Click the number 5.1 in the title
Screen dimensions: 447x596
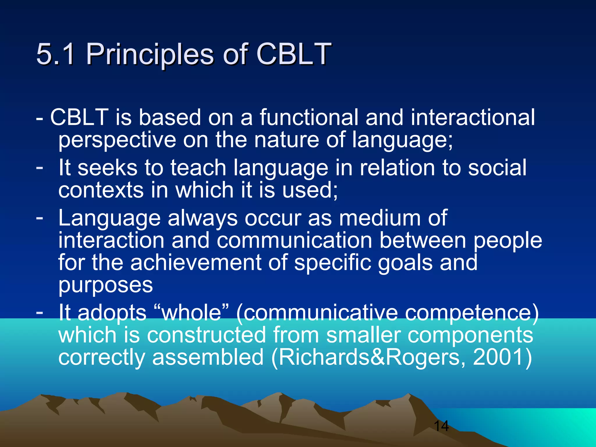[55, 54]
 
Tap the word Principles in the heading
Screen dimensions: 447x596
[150, 54]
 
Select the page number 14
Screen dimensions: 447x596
[441, 426]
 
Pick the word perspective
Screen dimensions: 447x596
[117, 140]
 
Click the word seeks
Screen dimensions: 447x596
[107, 168]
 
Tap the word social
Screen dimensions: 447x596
[497, 168]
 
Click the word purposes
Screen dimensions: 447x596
[105, 285]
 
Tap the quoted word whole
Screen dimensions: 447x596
[191, 313]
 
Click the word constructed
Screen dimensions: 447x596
[206, 335]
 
